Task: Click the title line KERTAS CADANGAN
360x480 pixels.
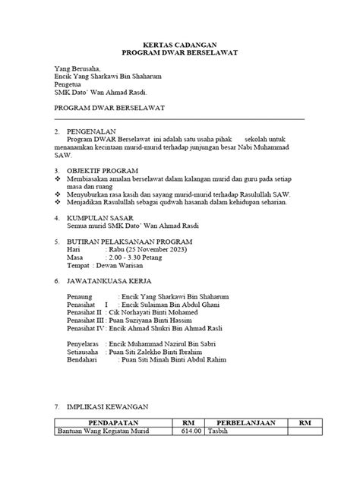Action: tap(180, 46)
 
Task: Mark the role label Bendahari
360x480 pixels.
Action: tap(82, 361)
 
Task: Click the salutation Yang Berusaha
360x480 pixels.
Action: tap(82, 68)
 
